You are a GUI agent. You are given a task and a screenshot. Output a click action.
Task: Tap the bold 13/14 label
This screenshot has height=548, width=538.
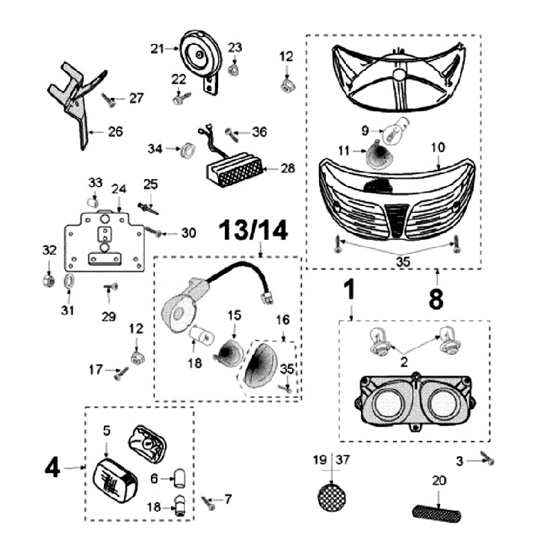pos(253,232)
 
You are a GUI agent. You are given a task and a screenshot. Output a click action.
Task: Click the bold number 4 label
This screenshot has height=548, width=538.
pos(52,468)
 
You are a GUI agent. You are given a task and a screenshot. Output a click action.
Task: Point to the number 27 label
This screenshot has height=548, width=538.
pos(135,98)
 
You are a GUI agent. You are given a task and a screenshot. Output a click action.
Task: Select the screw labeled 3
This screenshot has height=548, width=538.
pos(489,461)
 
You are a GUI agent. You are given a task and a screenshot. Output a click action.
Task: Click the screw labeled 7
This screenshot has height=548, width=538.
pos(208,505)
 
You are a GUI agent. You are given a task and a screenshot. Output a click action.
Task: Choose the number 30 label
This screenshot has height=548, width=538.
pos(188,233)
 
